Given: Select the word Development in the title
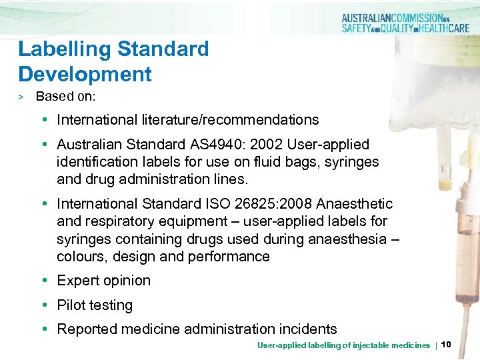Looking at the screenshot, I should pyautogui.click(x=85, y=73).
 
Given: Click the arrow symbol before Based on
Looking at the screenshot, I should pyautogui.click(x=21, y=97).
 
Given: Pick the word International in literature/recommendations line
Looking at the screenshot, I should pyautogui.click(x=97, y=121).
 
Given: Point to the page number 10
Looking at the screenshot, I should pyautogui.click(x=447, y=345).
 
